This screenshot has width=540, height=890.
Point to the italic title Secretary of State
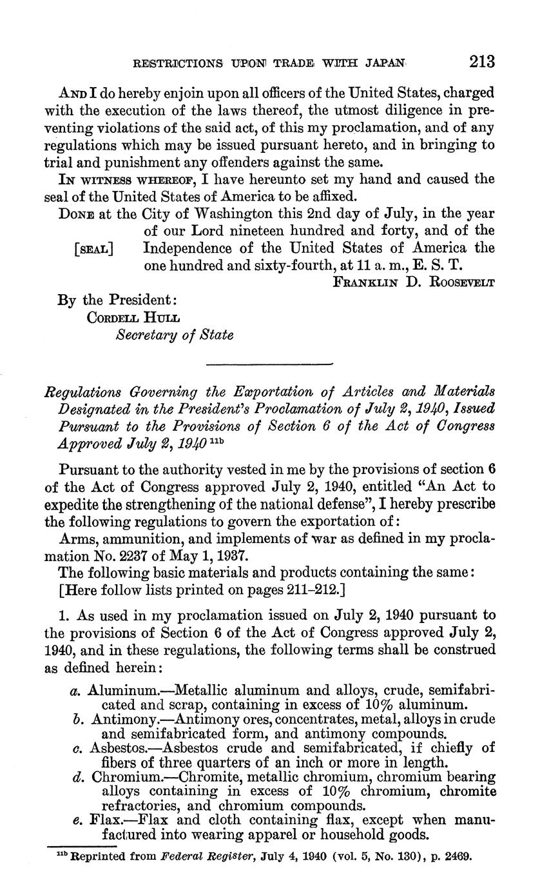point(174,335)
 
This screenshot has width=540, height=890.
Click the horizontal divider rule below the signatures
point(269,366)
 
